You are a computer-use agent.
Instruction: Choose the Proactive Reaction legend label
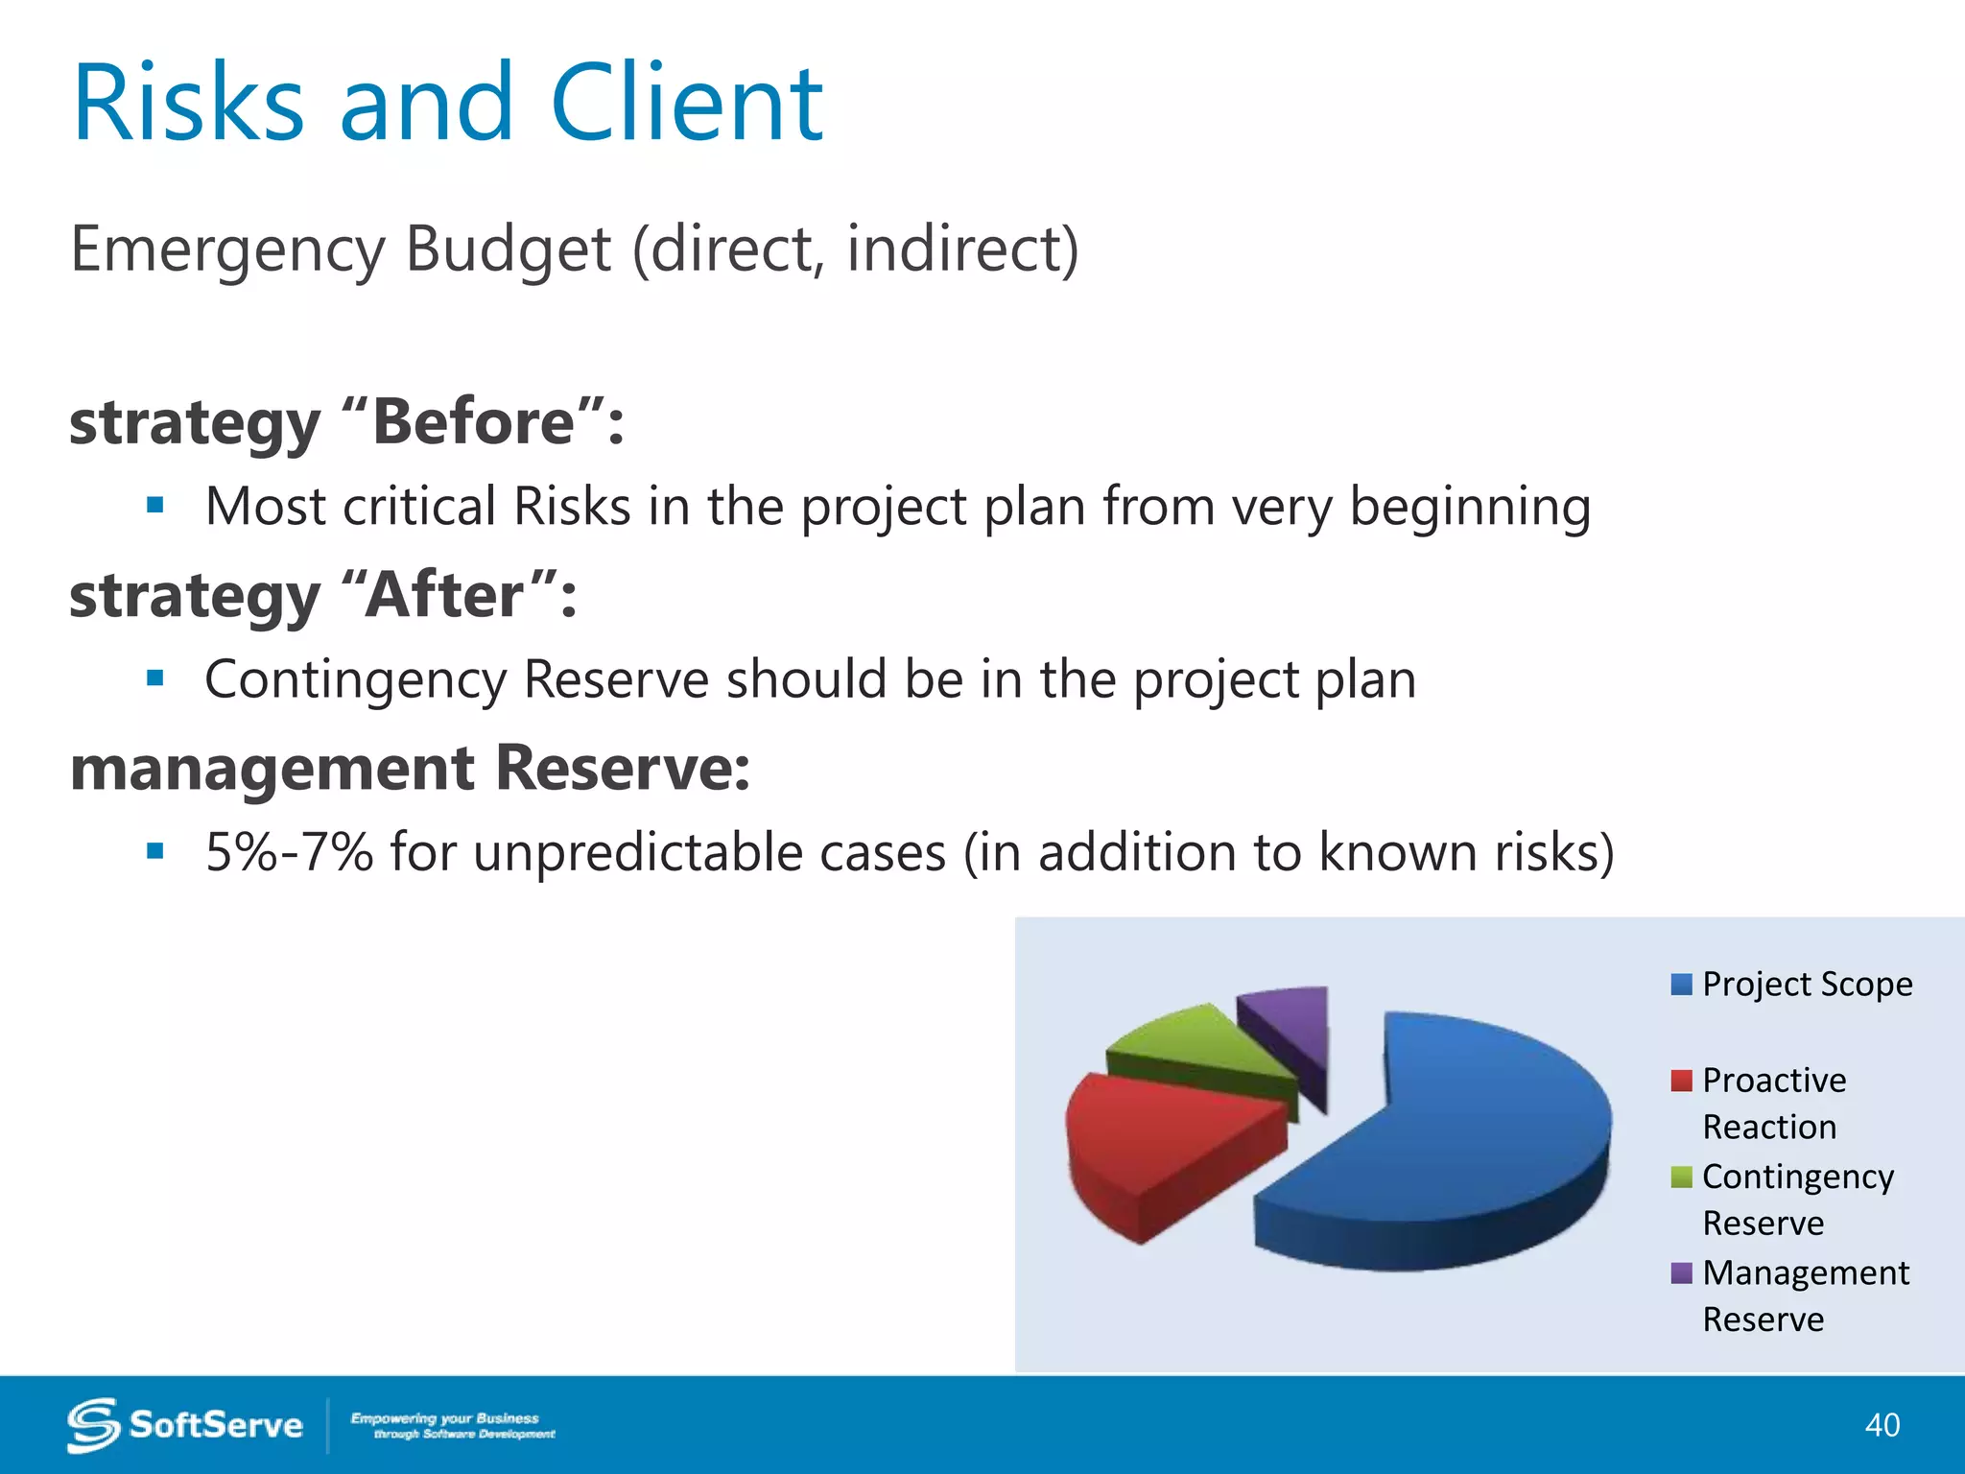point(1773,1104)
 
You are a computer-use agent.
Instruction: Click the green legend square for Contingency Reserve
point(1681,1177)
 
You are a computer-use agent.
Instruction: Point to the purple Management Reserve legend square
point(1681,1273)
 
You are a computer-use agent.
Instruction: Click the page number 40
point(1882,1425)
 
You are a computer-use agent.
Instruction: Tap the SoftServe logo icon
point(93,1425)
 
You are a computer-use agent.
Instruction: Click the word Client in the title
point(686,104)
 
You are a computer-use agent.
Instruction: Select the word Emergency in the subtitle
point(227,250)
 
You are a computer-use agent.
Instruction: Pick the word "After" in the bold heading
point(446,595)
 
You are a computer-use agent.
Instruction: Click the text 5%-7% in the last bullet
point(289,852)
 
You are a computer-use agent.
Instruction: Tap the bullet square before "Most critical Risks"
point(155,506)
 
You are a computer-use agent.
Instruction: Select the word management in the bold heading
point(272,769)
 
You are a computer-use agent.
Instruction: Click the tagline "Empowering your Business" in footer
point(444,1418)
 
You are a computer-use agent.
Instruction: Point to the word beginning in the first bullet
point(1470,508)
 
